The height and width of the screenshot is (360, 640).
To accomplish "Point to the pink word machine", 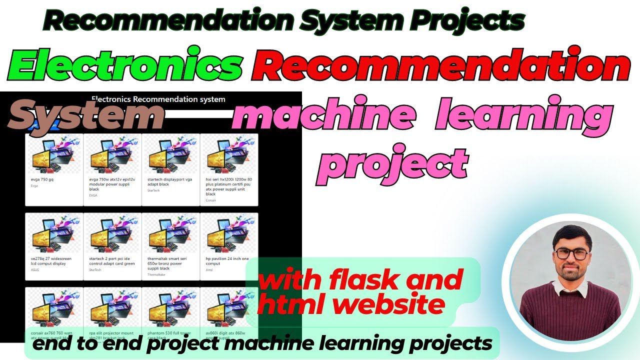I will pyautogui.click(x=323, y=117).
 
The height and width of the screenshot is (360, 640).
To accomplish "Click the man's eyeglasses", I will pyautogui.click(x=571, y=253).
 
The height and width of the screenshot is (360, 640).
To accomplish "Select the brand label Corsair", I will pyautogui.click(x=211, y=200).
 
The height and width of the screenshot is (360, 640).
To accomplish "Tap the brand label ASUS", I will pyautogui.click(x=35, y=269).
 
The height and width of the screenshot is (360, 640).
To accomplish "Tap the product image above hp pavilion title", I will pyautogui.click(x=229, y=234).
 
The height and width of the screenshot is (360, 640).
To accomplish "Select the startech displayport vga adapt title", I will pyautogui.click(x=168, y=182).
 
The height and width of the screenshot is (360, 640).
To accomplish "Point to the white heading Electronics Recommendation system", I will pyautogui.click(x=158, y=99).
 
